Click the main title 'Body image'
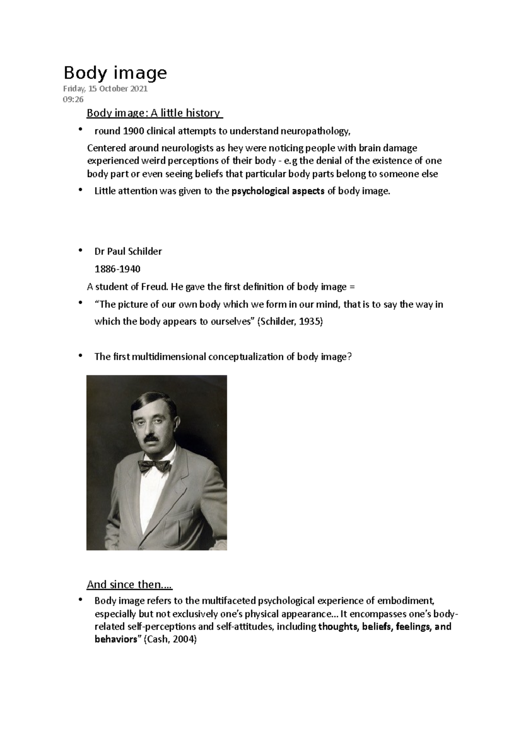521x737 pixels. pos(115,73)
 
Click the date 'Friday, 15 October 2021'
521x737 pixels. pos(105,89)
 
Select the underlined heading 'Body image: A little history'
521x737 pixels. pos(154,113)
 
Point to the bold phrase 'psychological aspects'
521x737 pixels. pos(278,191)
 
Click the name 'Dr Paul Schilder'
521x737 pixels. pos(128,251)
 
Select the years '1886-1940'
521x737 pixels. pos(117,269)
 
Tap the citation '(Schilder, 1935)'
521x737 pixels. pos(290,322)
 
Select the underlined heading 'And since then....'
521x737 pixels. pos(129,585)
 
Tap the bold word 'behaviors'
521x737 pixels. pos(115,640)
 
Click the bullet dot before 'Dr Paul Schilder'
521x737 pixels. pos(80,250)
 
